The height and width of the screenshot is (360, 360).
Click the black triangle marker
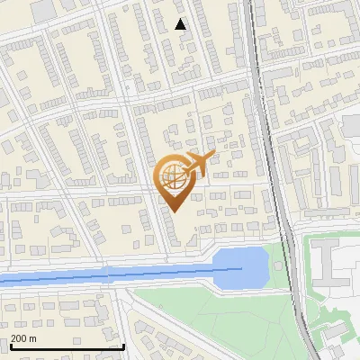pos(181,24)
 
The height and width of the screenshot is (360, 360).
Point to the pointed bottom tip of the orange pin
pos(173,212)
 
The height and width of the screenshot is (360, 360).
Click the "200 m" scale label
pos(23,338)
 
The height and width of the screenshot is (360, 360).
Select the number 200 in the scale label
pos(20,338)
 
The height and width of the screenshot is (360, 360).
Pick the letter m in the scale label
pos(32,338)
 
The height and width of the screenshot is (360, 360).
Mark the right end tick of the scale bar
pos(122,346)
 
